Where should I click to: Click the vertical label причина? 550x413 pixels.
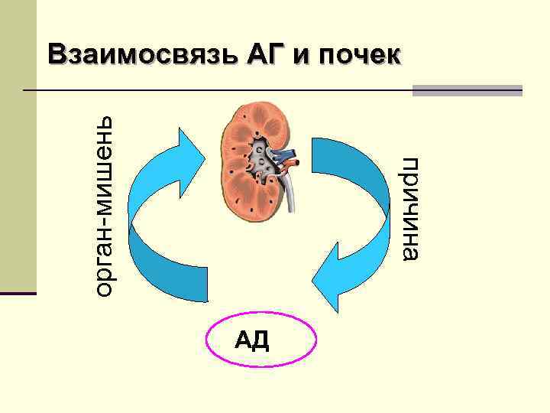[411, 209]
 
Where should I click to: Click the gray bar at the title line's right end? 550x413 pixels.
[467, 90]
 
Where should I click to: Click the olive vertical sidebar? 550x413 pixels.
[18, 153]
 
